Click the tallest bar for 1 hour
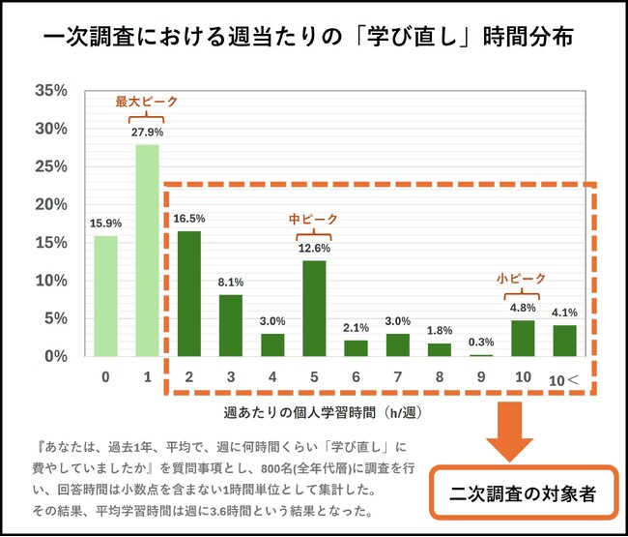[147, 251]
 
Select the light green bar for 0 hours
[105, 296]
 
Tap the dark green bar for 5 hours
[315, 309]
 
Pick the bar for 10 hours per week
[523, 339]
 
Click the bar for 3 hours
[231, 326]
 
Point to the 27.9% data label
[148, 132]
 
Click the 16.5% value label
[188, 219]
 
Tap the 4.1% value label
[564, 313]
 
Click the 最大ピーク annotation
[147, 101]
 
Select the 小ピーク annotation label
[520, 276]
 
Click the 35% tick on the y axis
[50, 91]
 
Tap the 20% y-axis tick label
[50, 204]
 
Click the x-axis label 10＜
[564, 380]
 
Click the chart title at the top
[313, 37]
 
